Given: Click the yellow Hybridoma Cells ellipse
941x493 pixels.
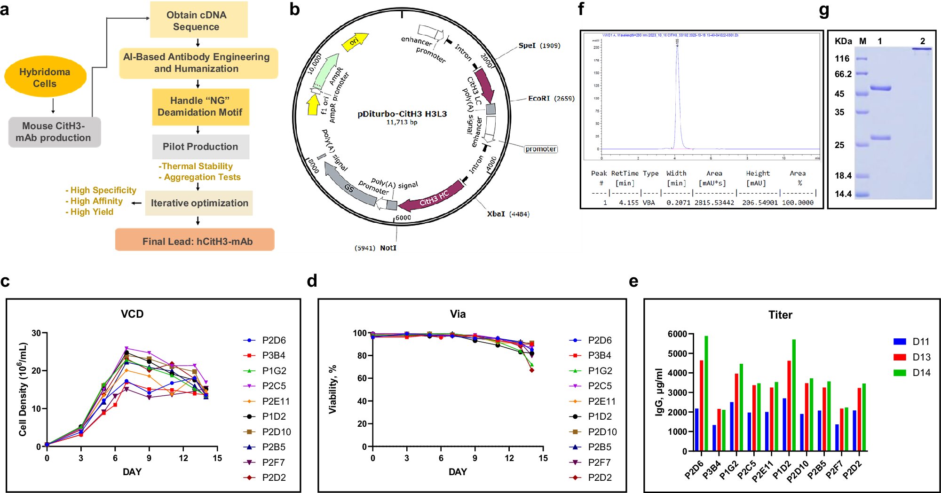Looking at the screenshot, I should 45,78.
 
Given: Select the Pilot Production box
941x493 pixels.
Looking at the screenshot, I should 200,147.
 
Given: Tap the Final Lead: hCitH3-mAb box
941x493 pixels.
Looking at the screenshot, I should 195,241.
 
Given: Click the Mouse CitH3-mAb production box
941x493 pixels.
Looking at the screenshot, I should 54,132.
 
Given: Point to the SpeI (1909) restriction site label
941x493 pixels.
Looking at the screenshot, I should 539,46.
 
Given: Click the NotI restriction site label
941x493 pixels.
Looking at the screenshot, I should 387,248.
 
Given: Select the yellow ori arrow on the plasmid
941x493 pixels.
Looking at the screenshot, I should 355,41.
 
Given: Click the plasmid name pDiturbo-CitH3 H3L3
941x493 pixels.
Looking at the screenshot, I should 402,114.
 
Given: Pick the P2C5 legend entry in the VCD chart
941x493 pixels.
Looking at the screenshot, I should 273,386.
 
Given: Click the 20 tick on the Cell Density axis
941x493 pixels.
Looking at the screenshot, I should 36,371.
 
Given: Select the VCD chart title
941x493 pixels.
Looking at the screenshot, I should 132,314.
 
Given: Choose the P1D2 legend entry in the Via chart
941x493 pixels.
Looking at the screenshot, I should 600,416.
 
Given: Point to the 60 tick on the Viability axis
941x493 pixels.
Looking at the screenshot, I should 362,378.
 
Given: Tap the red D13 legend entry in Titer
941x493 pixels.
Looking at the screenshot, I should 920,357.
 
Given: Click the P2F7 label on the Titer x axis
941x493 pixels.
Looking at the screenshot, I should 835,469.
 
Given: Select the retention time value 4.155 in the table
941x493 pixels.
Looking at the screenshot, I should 628,203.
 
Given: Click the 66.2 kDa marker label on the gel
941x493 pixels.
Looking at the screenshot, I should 843,74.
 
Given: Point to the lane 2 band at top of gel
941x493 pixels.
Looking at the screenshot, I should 922,49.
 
